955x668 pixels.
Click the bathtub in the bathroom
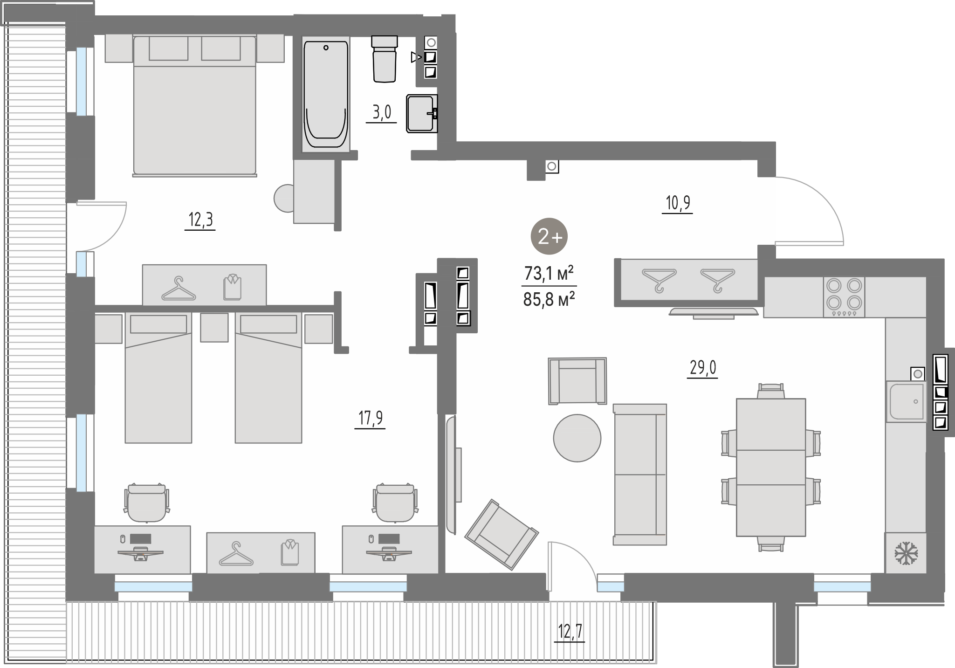tap(326, 95)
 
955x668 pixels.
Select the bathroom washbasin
tap(422, 113)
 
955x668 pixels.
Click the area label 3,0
tap(381, 113)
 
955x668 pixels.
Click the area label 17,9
tap(370, 418)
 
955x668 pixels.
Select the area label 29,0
tap(702, 368)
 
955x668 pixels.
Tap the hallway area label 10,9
tap(678, 203)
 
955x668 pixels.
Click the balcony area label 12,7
tap(570, 633)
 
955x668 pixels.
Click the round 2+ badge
tap(549, 236)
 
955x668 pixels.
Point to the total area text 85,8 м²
tap(548, 299)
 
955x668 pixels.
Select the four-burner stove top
tap(844, 297)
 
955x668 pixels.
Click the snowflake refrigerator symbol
tap(906, 553)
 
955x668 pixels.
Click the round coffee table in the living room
tap(577, 438)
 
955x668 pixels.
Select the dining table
tap(771, 467)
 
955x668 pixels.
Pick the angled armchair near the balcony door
tap(502, 534)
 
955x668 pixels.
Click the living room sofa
tap(640, 475)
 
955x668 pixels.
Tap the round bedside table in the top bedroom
tap(284, 198)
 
